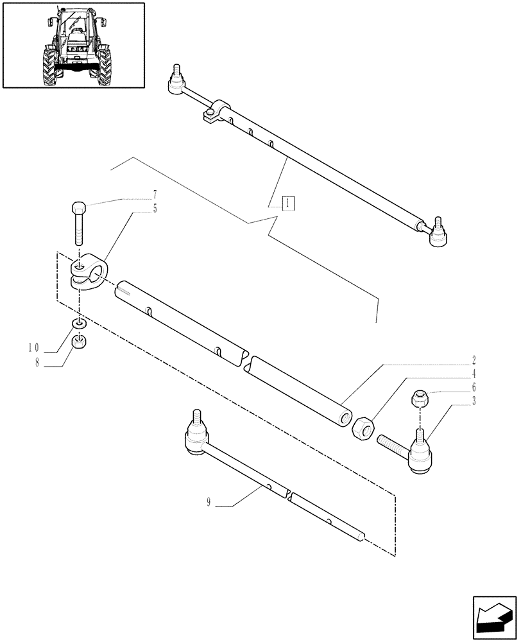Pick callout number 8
(x=37, y=363)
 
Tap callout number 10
(x=34, y=348)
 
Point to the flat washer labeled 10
(x=78, y=323)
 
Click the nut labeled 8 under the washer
(x=78, y=342)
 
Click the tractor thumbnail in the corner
(x=74, y=45)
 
